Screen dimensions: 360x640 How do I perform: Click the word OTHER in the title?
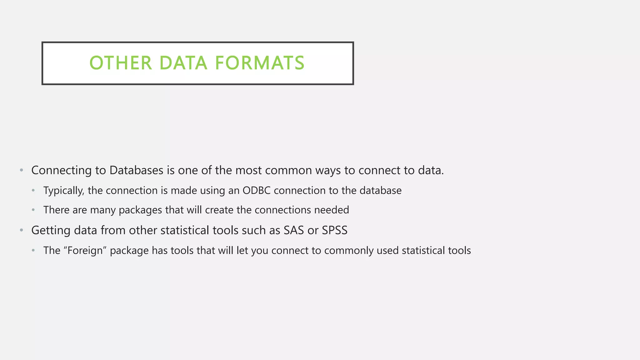pyautogui.click(x=121, y=63)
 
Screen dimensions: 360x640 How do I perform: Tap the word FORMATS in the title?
pyautogui.click(x=260, y=63)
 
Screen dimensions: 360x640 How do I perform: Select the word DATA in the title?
pyautogui.click(x=183, y=63)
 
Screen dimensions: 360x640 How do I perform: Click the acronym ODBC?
pyautogui.click(x=256, y=191)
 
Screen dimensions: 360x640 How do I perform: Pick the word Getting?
pyautogui.click(x=51, y=230)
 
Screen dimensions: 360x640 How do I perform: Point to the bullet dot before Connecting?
pyautogui.click(x=21, y=170)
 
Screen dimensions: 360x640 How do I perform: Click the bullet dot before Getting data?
pyautogui.click(x=21, y=230)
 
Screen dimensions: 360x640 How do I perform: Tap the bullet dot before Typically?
pyautogui.click(x=33, y=191)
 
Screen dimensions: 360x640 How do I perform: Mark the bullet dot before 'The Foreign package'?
pyautogui.click(x=33, y=251)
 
